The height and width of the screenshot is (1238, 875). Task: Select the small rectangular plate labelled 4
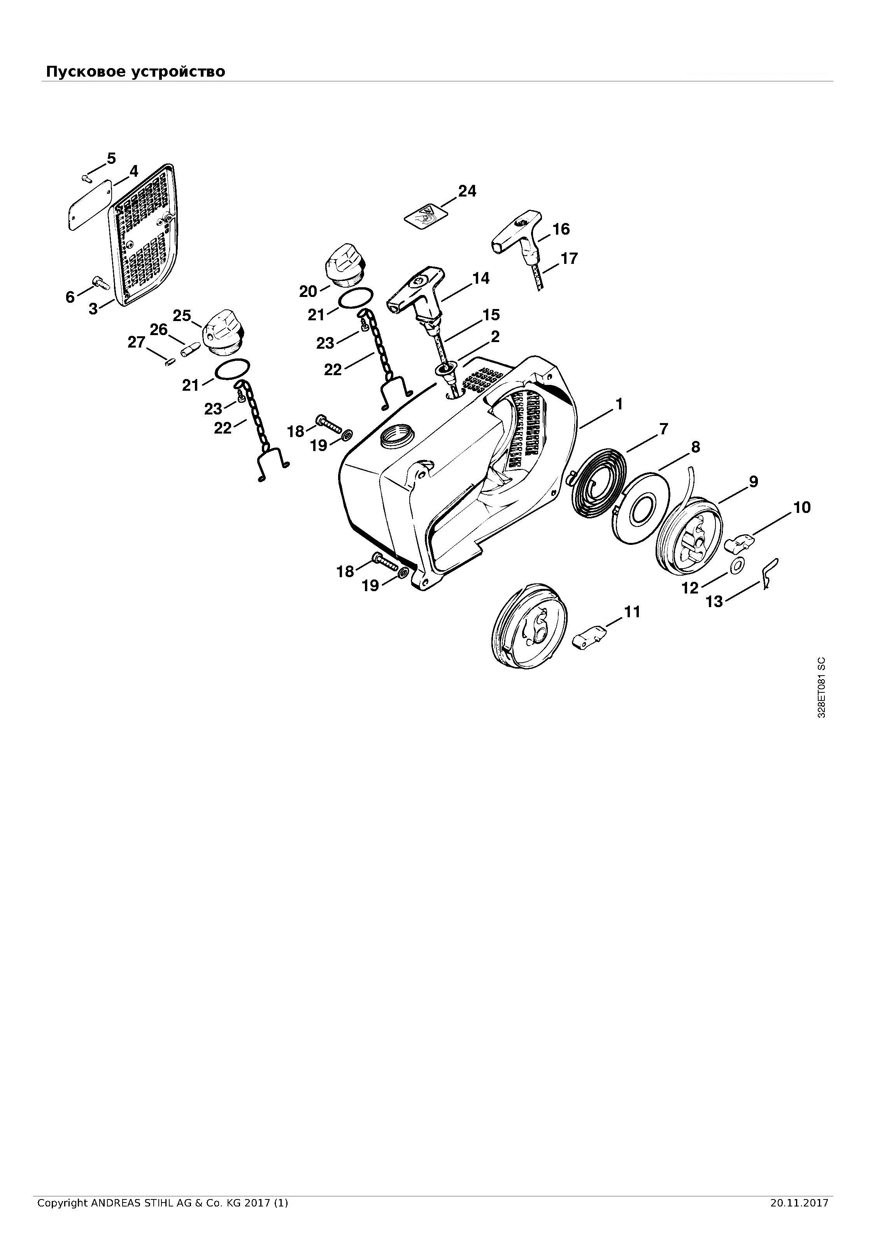pos(89,204)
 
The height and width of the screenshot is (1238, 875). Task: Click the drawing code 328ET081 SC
pos(821,687)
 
